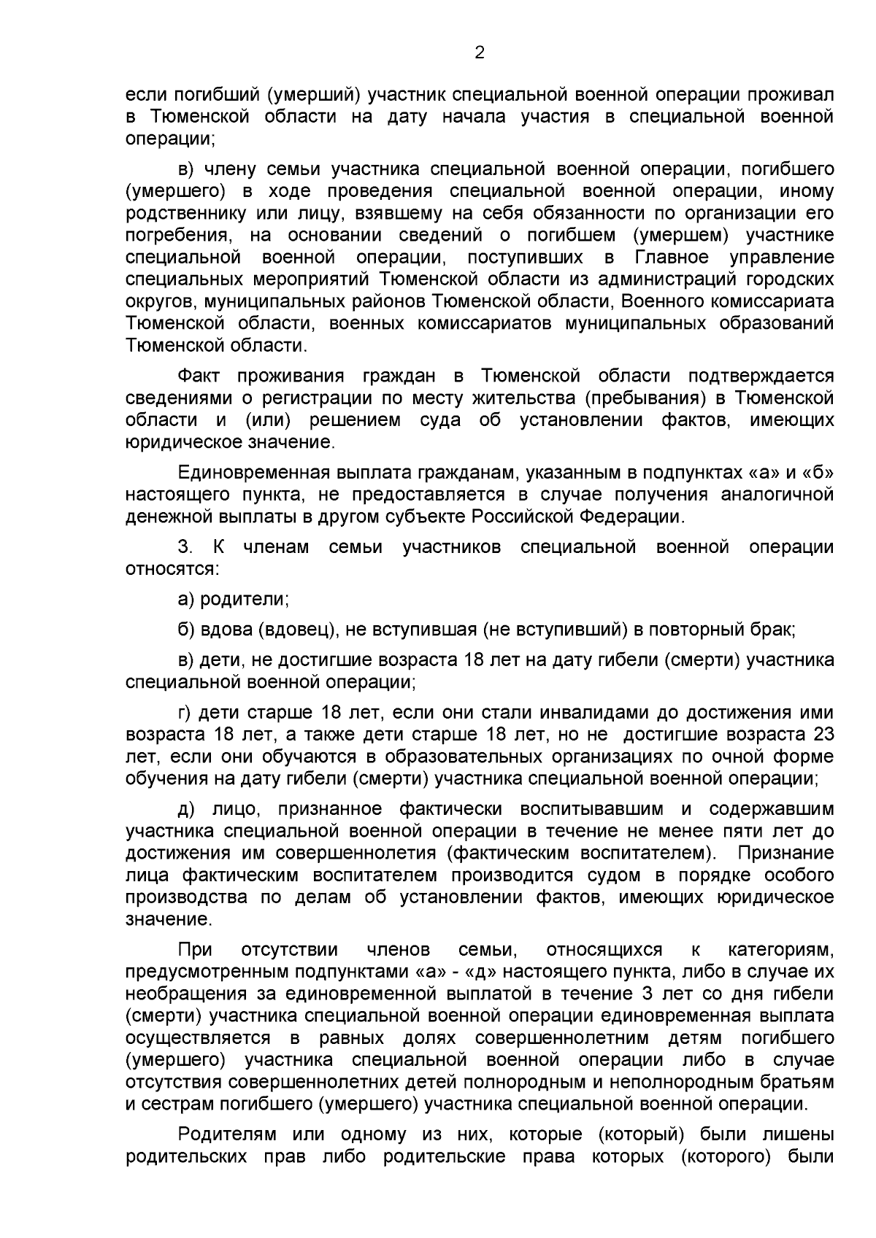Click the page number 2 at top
[x=480, y=53]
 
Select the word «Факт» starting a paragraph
[x=199, y=376]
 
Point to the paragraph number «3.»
[x=185, y=547]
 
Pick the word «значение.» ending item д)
[x=169, y=919]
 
